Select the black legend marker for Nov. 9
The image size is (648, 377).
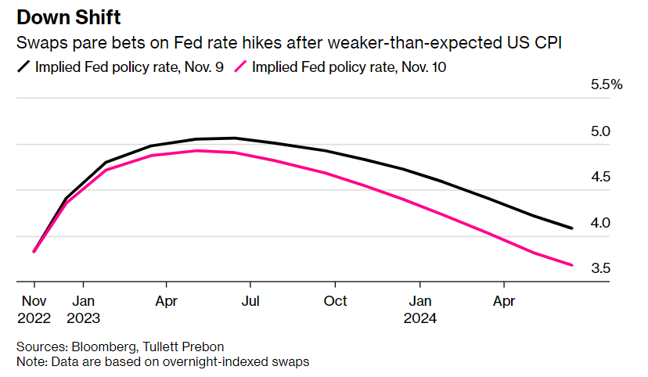click(x=23, y=67)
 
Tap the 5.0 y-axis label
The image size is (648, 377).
click(x=600, y=131)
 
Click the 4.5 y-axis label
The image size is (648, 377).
click(x=600, y=177)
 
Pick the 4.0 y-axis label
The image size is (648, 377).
click(x=600, y=223)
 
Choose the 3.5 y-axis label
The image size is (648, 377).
click(x=600, y=268)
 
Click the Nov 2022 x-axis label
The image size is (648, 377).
click(x=34, y=309)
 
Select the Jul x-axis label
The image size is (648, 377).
click(x=250, y=300)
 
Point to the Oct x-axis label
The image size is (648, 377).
click(x=335, y=300)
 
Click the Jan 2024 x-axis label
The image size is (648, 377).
click(x=420, y=309)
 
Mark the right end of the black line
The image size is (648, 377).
click(x=572, y=228)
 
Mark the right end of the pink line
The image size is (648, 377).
click(x=572, y=265)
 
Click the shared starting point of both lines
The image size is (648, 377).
click(x=34, y=251)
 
